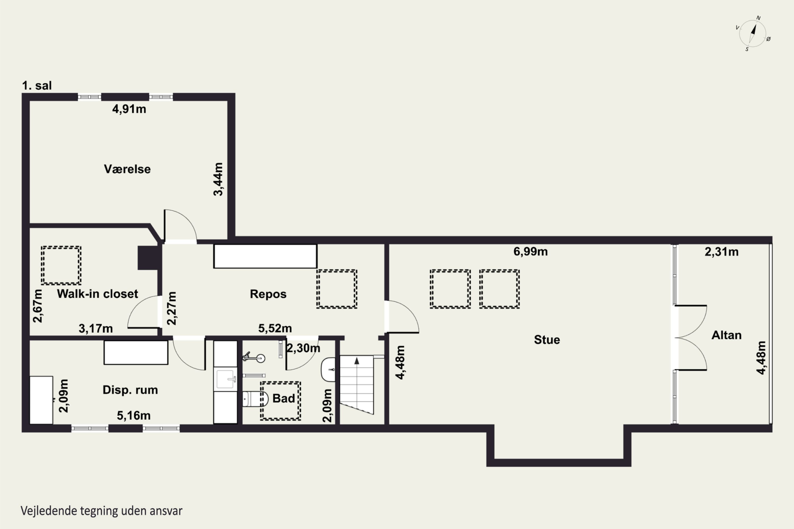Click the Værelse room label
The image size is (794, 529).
tap(127, 169)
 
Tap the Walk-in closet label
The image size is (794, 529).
tap(98, 294)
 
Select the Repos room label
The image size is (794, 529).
tap(268, 294)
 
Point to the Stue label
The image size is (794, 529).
tap(547, 340)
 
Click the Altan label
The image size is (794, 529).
tap(727, 335)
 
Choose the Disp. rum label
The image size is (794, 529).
tap(130, 390)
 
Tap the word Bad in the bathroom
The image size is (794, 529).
tap(283, 398)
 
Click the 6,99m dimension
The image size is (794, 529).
tap(530, 252)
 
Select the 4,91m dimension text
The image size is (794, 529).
tap(129, 109)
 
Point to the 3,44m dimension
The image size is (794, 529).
tap(218, 179)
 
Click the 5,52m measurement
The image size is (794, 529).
tap(275, 328)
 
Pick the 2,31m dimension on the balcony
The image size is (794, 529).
tap(721, 252)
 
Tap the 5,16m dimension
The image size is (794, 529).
tap(134, 416)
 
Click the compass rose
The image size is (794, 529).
tap(752, 33)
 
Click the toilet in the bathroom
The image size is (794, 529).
tap(255, 399)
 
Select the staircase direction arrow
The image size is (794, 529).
tap(357, 361)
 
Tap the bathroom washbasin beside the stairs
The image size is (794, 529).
tap(328, 370)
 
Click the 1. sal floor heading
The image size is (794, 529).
tap(37, 86)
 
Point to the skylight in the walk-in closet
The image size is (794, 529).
tap(61, 266)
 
